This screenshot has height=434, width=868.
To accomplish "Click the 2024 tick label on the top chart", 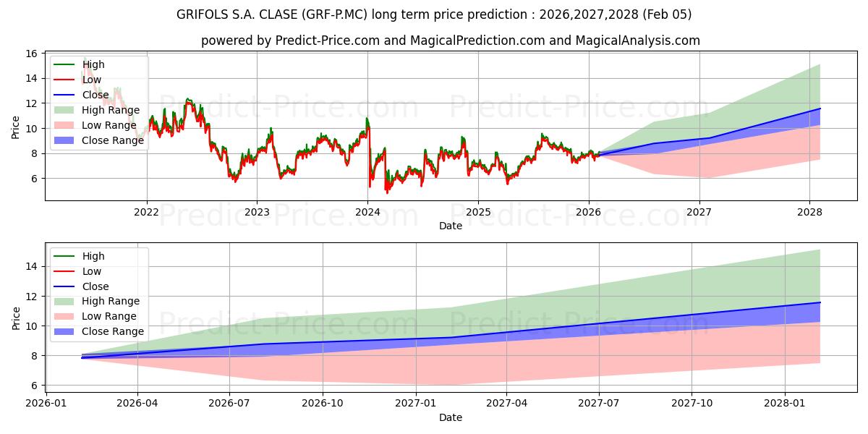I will (367, 212).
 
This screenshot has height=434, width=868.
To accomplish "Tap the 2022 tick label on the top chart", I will (147, 212).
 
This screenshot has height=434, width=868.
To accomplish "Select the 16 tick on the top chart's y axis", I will (32, 54).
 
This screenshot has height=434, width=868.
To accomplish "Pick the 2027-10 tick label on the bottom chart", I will (692, 404).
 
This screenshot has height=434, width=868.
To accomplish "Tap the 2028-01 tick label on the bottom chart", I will (785, 404).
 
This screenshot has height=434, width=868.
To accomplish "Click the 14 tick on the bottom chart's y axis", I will (32, 267).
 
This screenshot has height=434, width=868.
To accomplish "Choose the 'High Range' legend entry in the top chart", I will (111, 110).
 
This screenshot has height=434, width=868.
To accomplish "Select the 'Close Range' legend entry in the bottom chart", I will (113, 331).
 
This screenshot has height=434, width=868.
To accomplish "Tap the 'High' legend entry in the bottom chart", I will (93, 256).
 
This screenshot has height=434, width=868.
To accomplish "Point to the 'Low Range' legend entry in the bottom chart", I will (109, 316).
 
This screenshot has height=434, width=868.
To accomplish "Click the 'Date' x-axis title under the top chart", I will (450, 226).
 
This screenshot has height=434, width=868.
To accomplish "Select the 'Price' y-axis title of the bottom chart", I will (16, 318).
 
